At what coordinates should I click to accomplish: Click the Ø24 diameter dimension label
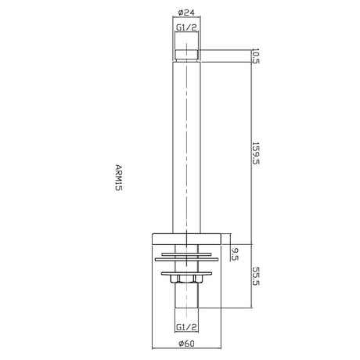coord(186,13)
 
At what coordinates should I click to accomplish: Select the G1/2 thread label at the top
coord(186,27)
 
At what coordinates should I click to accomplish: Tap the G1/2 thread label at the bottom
coord(186,327)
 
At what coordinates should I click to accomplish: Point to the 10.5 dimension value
coord(256,56)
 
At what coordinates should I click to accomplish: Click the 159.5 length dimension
coord(256,153)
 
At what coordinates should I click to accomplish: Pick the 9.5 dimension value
coord(235,254)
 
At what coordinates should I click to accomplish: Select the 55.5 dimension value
coord(256,276)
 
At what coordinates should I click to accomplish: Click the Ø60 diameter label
coord(186,344)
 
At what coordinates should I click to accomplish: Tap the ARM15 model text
coord(118,178)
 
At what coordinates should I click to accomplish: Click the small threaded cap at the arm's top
coord(186,56)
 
